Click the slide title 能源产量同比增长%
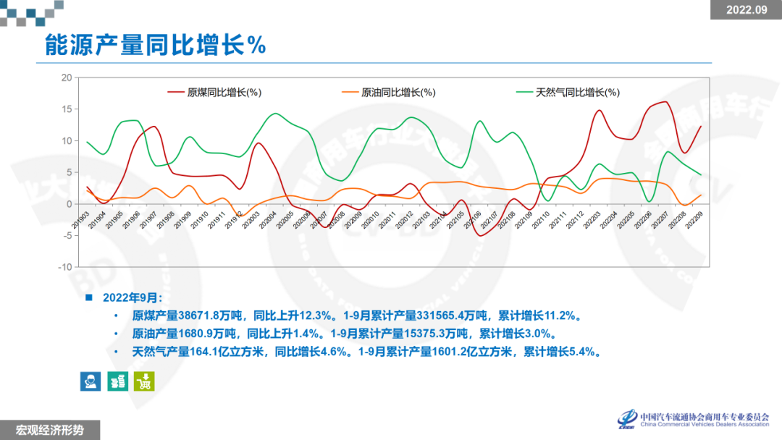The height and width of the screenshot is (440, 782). click(x=156, y=45)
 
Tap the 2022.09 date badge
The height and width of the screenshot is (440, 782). click(x=745, y=9)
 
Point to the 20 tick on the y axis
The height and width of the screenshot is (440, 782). click(x=67, y=77)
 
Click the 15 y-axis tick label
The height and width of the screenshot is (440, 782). click(x=67, y=109)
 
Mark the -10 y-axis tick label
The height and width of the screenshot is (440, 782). click(x=65, y=267)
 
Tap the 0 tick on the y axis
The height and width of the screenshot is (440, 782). click(x=69, y=204)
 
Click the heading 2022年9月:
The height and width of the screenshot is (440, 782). click(x=133, y=297)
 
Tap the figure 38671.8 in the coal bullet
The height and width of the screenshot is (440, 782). click(x=204, y=316)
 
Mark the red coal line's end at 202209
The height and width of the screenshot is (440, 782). click(x=701, y=126)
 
